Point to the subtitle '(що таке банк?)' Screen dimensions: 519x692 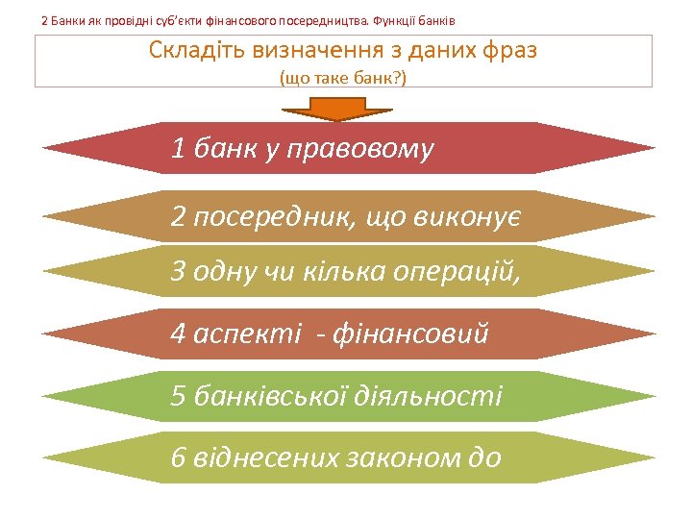coord(343,77)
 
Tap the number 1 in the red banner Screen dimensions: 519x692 coord(177,148)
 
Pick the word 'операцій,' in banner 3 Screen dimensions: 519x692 coord(455,272)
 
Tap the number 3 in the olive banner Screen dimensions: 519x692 coord(177,272)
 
